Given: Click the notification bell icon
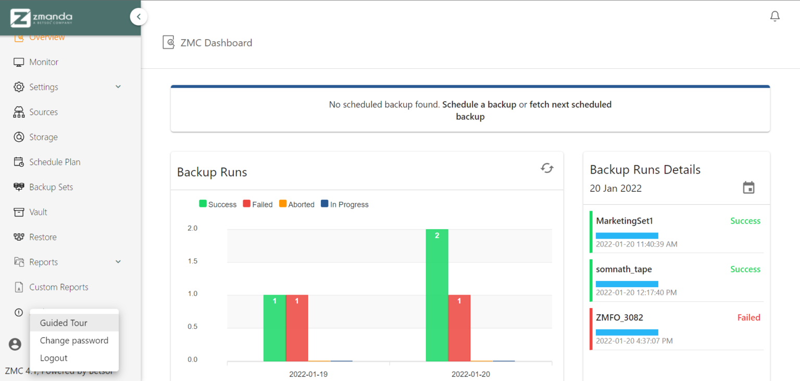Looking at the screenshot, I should [x=774, y=17].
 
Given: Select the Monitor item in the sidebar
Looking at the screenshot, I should [x=44, y=62].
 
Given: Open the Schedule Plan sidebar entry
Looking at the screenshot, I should [x=55, y=162].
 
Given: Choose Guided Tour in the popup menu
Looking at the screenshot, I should [x=64, y=323].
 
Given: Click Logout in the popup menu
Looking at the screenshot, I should [x=54, y=358].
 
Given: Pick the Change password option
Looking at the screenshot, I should [x=74, y=340].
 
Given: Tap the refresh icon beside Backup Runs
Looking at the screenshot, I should [x=547, y=168].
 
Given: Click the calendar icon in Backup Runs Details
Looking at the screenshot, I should [x=748, y=188].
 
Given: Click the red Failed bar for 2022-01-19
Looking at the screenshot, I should [x=297, y=328].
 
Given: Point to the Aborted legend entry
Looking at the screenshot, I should [x=297, y=204].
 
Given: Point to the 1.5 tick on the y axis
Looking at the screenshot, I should [x=193, y=261].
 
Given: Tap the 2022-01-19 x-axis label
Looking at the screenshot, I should [x=308, y=374].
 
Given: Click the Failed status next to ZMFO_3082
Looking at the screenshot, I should [x=748, y=317].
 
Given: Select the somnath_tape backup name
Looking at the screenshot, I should [x=624, y=269].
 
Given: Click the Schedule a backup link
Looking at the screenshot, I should [x=479, y=104].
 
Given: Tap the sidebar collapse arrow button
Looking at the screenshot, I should [x=139, y=17].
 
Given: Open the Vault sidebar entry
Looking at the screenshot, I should [x=38, y=212].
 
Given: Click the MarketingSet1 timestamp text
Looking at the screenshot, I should [x=636, y=244].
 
